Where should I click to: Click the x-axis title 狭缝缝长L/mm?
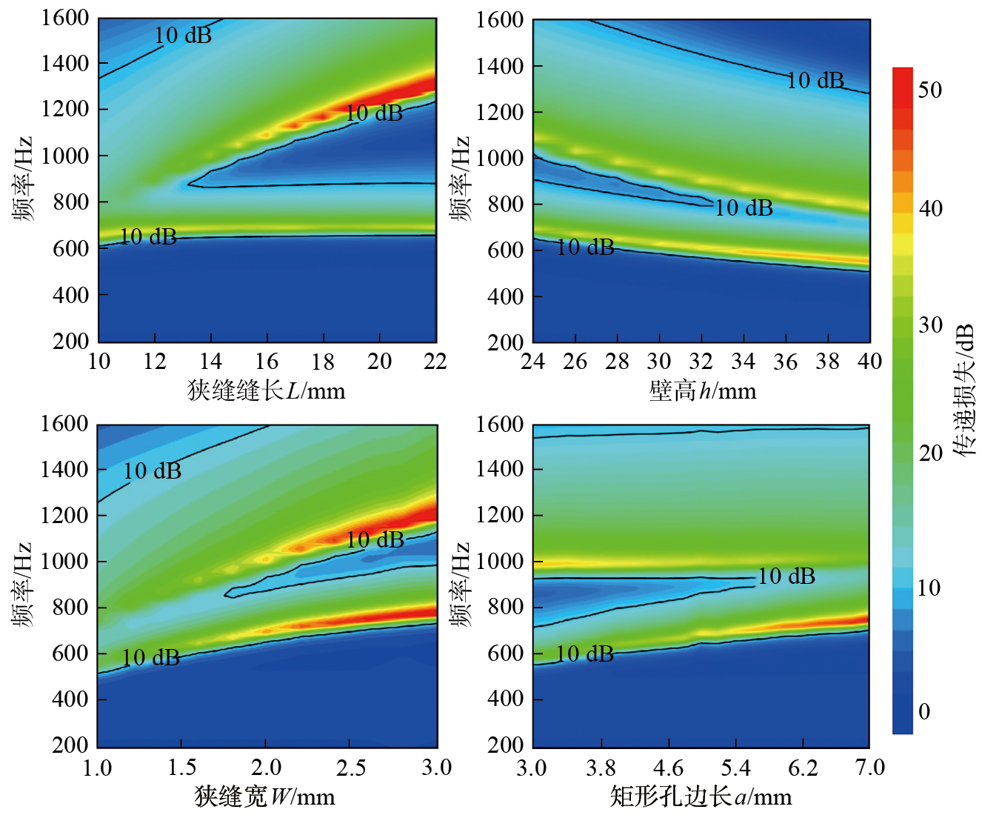[x=267, y=390]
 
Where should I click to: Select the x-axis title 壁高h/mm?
[x=702, y=390]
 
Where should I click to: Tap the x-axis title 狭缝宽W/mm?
[x=264, y=796]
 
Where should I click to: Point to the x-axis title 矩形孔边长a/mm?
[x=701, y=796]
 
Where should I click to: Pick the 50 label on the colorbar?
[x=930, y=90]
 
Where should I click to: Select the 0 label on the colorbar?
[x=924, y=712]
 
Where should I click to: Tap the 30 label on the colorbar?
[x=930, y=325]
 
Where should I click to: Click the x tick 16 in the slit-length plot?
[x=267, y=362]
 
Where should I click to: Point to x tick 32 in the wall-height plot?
[x=701, y=362]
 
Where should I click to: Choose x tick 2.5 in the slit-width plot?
[x=351, y=768]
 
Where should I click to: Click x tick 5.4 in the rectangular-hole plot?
[x=735, y=768]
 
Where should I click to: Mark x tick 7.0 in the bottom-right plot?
[x=870, y=768]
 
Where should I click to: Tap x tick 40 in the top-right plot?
[x=870, y=362]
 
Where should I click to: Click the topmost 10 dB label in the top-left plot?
[x=183, y=35]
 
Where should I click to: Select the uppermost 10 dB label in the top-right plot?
[x=815, y=80]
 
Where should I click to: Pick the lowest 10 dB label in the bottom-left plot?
[x=151, y=657]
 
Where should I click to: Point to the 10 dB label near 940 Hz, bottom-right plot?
[x=786, y=576]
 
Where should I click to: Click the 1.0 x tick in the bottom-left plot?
[x=98, y=768]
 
